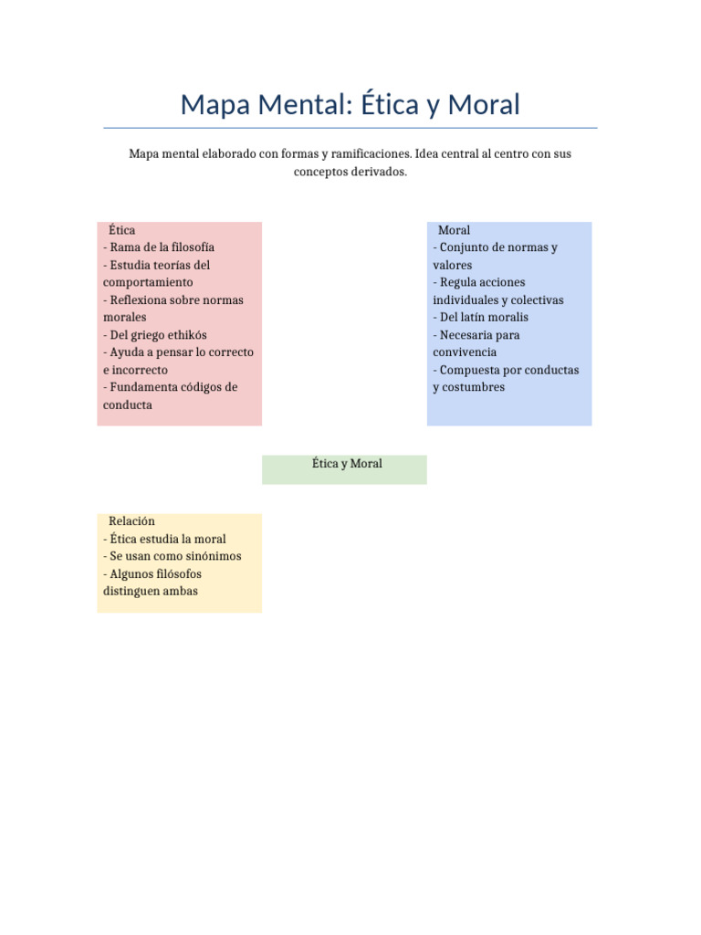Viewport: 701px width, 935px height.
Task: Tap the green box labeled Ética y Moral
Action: [344, 468]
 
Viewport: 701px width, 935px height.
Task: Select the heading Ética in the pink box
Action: [121, 230]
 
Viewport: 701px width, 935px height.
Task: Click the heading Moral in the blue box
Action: [454, 230]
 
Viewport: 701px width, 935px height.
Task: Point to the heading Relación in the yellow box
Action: [131, 520]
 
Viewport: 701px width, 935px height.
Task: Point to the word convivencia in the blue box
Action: [465, 352]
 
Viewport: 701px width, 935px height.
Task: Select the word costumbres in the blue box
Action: [474, 387]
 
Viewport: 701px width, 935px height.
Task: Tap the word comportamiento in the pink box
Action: [148, 282]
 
